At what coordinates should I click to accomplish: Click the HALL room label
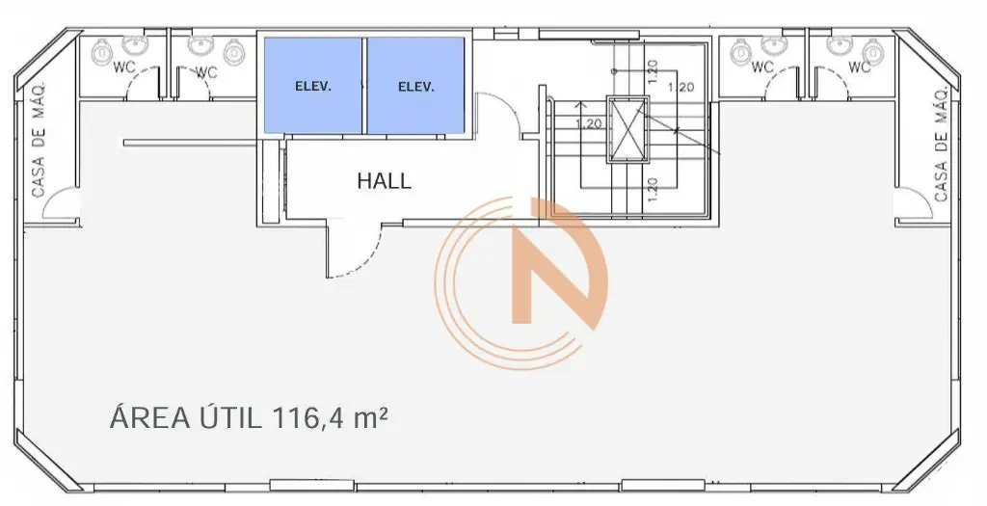(x=384, y=181)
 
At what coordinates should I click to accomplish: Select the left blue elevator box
(x=313, y=85)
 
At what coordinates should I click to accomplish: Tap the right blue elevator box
(x=415, y=85)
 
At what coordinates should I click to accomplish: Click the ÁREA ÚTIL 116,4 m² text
(x=248, y=418)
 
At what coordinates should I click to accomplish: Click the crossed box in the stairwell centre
(x=627, y=129)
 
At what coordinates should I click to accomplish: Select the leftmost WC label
(x=124, y=67)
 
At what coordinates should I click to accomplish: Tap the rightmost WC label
(x=859, y=67)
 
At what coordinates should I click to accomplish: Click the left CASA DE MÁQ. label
(x=39, y=140)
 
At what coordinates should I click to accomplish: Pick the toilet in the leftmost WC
(x=102, y=52)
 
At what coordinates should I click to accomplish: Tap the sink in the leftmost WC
(x=135, y=45)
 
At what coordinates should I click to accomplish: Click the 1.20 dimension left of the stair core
(x=589, y=123)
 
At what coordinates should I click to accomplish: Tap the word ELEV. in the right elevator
(x=416, y=88)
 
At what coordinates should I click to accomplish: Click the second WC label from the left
(x=205, y=73)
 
